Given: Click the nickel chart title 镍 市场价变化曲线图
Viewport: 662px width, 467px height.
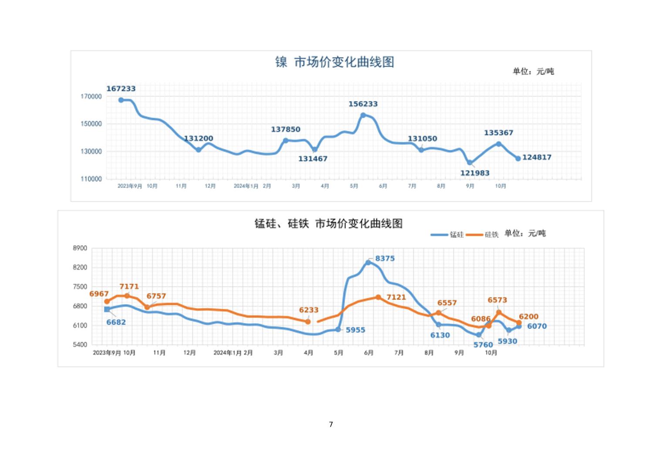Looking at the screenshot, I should pyautogui.click(x=334, y=62).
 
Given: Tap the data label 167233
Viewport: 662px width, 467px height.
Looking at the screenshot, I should pyautogui.click(x=121, y=89).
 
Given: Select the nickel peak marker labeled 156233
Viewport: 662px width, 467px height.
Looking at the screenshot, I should pyautogui.click(x=363, y=115).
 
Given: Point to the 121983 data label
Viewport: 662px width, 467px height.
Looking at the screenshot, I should pyautogui.click(x=475, y=173).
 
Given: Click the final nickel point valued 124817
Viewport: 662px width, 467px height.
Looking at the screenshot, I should pyautogui.click(x=518, y=158).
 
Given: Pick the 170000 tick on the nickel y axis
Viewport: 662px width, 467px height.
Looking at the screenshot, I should pyautogui.click(x=91, y=97).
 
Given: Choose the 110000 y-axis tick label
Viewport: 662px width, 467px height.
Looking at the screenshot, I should pyautogui.click(x=91, y=179).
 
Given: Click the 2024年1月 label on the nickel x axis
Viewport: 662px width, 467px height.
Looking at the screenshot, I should pyautogui.click(x=246, y=186).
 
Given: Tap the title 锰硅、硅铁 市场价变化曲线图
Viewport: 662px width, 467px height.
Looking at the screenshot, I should pyautogui.click(x=328, y=223).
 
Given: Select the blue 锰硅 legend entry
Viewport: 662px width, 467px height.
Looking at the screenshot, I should pyautogui.click(x=447, y=235).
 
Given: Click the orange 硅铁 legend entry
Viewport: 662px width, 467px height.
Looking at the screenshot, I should pyautogui.click(x=483, y=235).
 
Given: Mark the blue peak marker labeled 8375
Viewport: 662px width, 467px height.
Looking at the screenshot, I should pyautogui.click(x=368, y=262).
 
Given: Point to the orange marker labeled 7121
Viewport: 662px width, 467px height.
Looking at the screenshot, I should pyautogui.click(x=378, y=297).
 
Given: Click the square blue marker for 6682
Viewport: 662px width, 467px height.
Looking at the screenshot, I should pyautogui.click(x=107, y=309).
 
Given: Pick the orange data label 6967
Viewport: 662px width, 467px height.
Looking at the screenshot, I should pyautogui.click(x=99, y=294).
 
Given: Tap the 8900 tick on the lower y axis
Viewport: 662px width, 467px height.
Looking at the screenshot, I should pyautogui.click(x=80, y=248).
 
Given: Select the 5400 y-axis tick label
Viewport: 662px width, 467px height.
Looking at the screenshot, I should pyautogui.click(x=80, y=344).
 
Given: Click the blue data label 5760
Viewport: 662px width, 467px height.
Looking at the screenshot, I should pyautogui.click(x=483, y=345).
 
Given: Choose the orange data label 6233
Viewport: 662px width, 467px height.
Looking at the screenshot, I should pyautogui.click(x=308, y=310).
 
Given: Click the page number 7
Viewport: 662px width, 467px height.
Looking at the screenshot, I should pyautogui.click(x=331, y=424).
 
